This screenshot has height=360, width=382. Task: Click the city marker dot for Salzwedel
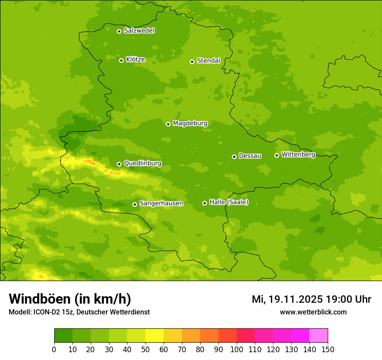(x=119, y=31)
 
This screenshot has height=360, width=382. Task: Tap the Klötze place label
(x=135, y=59)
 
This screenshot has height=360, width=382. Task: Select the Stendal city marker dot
(x=192, y=62)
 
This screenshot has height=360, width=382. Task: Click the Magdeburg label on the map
(x=190, y=123)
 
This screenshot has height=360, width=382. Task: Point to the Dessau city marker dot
(x=234, y=157)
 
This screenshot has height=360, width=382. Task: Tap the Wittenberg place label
(x=298, y=154)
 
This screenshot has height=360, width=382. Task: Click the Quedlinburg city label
(x=142, y=164)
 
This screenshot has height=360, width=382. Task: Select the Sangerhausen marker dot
(x=135, y=204)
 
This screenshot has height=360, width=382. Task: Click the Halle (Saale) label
(x=229, y=202)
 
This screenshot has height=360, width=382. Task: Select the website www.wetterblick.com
(x=313, y=312)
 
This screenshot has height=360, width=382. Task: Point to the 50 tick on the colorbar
(x=145, y=349)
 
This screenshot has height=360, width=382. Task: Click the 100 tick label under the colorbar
(x=237, y=349)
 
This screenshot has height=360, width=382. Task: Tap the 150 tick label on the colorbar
(x=328, y=349)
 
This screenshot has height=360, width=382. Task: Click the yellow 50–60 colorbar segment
(x=155, y=336)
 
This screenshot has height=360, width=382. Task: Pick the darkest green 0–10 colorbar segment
(x=63, y=336)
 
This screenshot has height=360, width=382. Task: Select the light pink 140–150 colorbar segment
(x=319, y=336)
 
